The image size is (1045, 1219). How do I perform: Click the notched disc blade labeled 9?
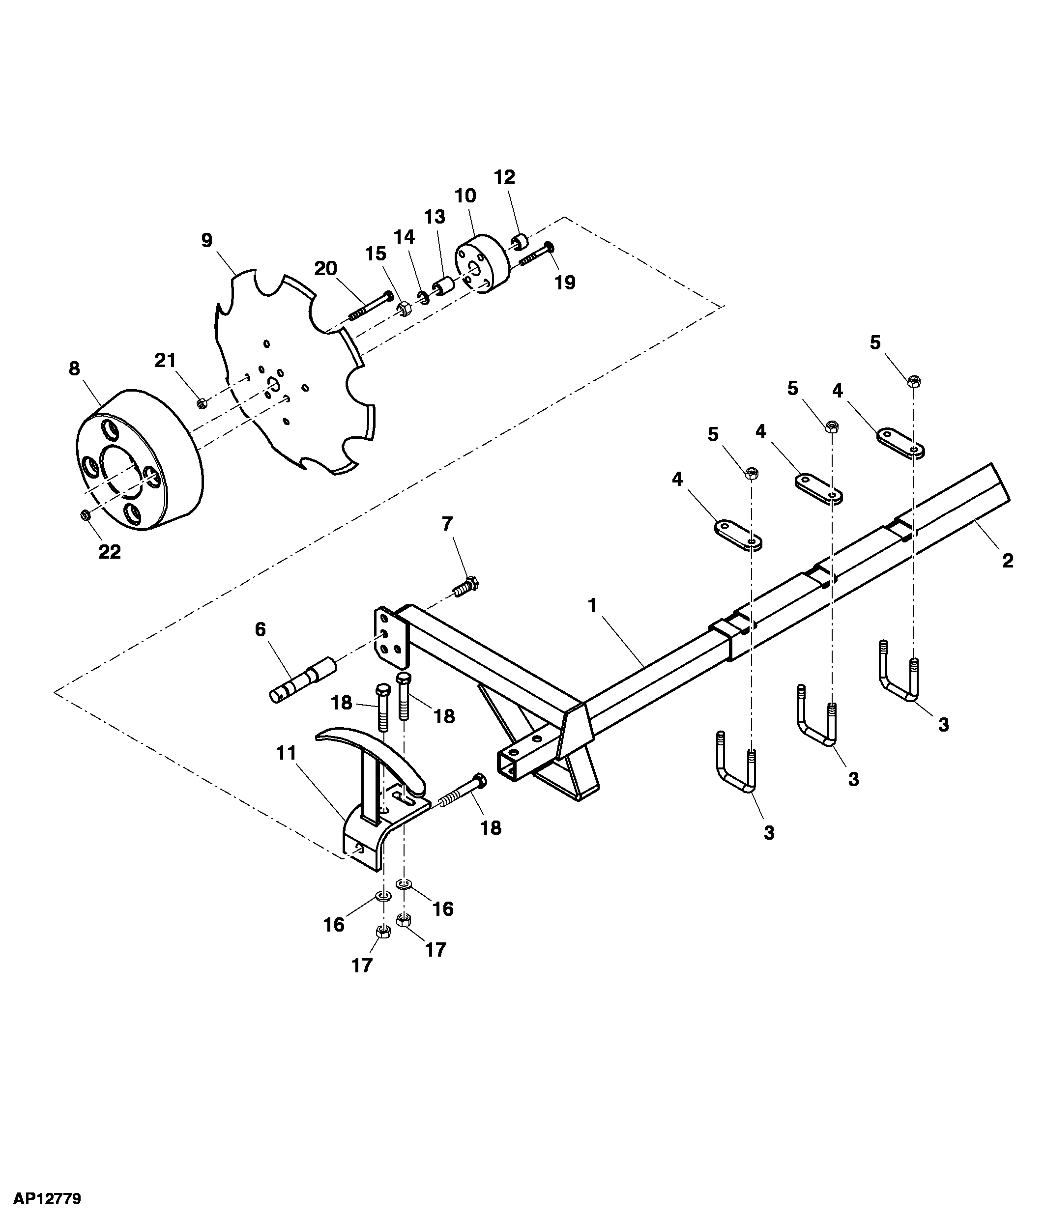(x=294, y=372)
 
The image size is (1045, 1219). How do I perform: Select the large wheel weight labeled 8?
(x=140, y=459)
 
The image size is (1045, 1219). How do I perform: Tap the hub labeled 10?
(x=483, y=263)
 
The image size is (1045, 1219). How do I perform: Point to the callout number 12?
(x=505, y=177)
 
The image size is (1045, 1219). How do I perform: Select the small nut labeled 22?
(x=85, y=515)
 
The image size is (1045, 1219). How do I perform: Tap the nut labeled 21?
(x=202, y=403)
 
